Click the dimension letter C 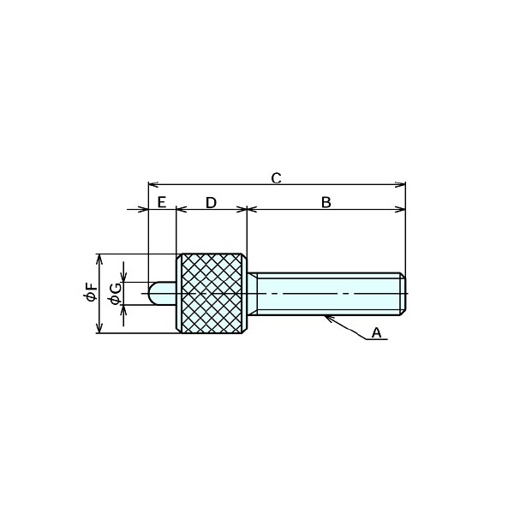pos(277,178)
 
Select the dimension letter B pos(326,202)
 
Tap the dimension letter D pos(211,202)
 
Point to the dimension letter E pos(162,202)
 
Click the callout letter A pos(377,332)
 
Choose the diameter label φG pos(116,294)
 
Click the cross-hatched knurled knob pos(212,293)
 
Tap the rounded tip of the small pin pos(152,293)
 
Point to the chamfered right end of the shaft pos(403,294)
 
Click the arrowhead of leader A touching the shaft pos(328,318)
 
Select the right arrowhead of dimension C pos(401,184)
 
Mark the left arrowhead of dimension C pos(153,184)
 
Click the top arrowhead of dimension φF pos(99,259)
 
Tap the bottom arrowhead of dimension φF pos(99,328)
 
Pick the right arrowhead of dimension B pos(401,209)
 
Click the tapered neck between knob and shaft pos(252,294)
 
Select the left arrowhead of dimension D pos(182,209)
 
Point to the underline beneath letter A pos(377,339)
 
